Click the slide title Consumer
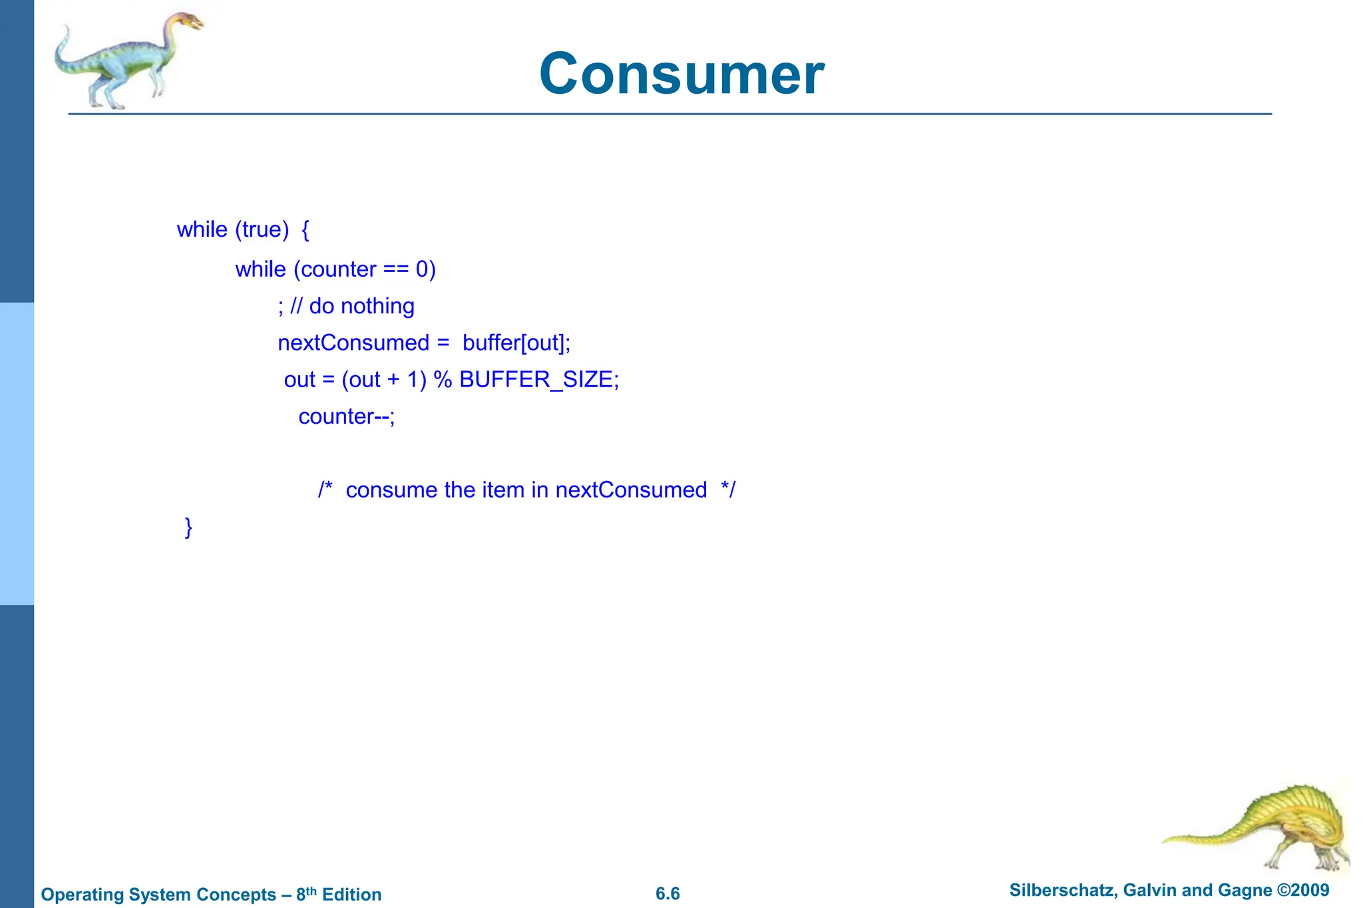(x=681, y=74)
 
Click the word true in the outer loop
(x=262, y=229)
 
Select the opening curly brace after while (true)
(x=305, y=230)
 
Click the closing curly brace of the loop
(x=188, y=527)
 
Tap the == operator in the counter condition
(x=396, y=269)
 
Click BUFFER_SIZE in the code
(x=536, y=380)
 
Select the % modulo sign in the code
(x=443, y=380)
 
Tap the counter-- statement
(x=346, y=416)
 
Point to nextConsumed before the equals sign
(x=353, y=343)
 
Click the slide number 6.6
(x=668, y=893)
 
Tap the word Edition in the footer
(x=351, y=894)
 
